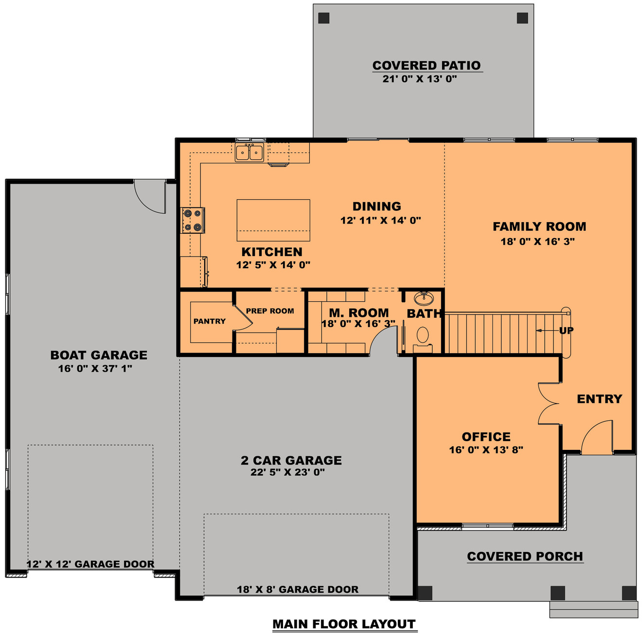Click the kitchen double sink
point(250,153)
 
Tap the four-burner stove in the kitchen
point(193,220)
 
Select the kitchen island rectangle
point(273,220)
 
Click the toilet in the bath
point(423,335)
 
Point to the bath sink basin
point(423,297)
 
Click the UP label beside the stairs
point(566,330)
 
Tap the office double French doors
point(548,403)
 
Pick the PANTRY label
point(210,321)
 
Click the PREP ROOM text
point(270,311)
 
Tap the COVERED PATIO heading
point(427,65)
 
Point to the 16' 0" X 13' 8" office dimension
point(486,450)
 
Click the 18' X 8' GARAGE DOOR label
point(298,589)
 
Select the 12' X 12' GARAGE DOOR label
point(90,564)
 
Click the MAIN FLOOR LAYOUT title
point(344,624)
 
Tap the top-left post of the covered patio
point(324,18)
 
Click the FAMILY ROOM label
point(539,226)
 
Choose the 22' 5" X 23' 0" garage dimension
point(287,472)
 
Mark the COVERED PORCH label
point(525,556)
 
